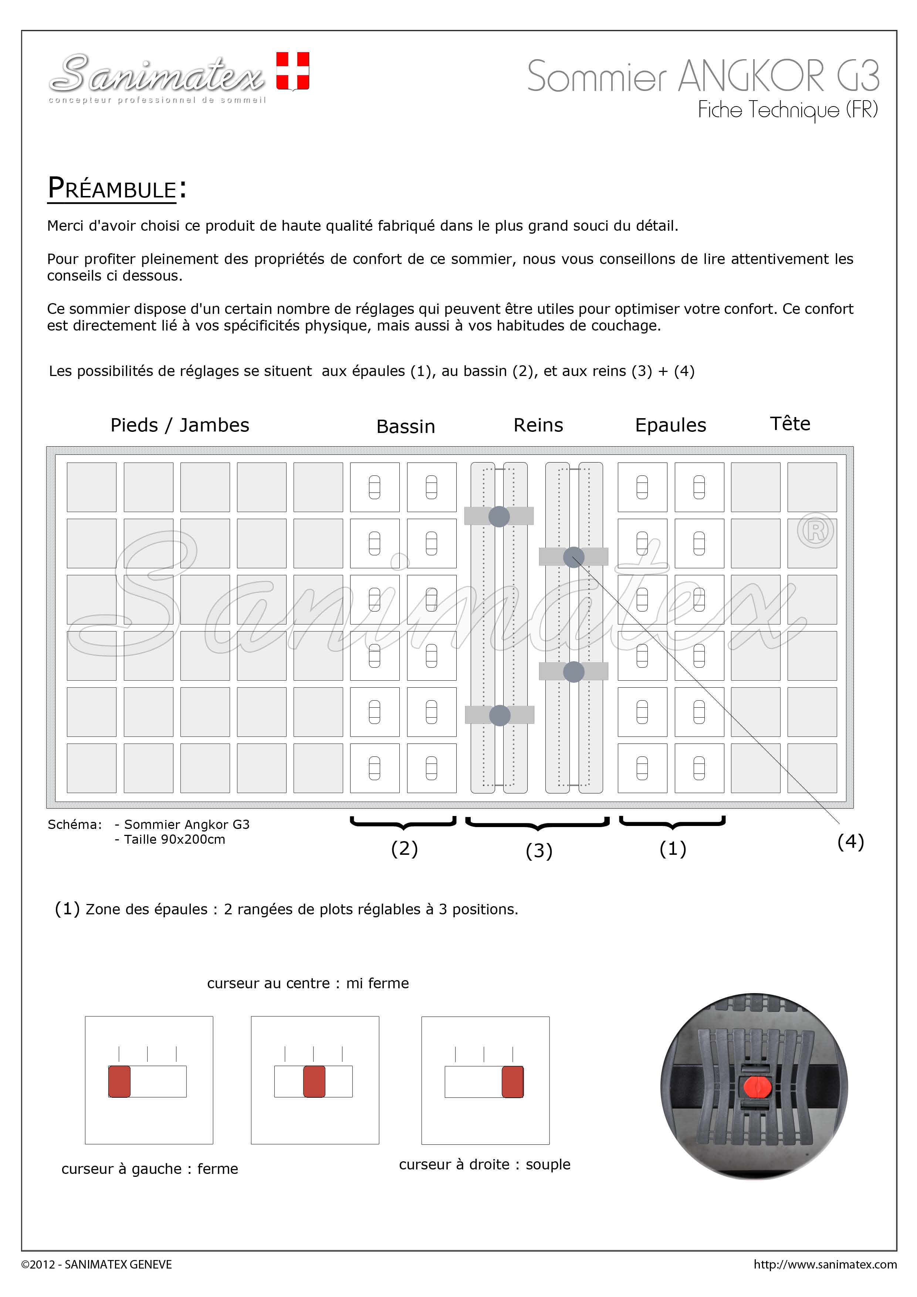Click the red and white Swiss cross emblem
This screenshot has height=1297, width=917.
293,71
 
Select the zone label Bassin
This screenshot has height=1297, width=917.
406,427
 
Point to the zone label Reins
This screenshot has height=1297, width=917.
538,425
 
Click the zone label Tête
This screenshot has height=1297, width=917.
790,424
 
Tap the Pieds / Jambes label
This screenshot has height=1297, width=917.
180,425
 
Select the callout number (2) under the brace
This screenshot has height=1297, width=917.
404,849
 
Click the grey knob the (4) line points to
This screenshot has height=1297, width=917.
573,557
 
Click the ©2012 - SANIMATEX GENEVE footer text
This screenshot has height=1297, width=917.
97,1264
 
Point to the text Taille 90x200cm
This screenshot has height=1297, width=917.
174,839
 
